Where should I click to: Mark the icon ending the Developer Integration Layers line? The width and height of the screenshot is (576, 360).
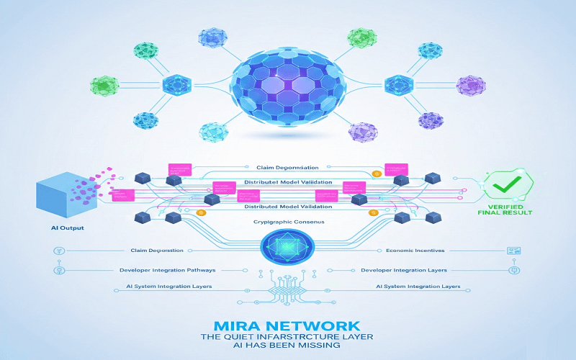514,270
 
